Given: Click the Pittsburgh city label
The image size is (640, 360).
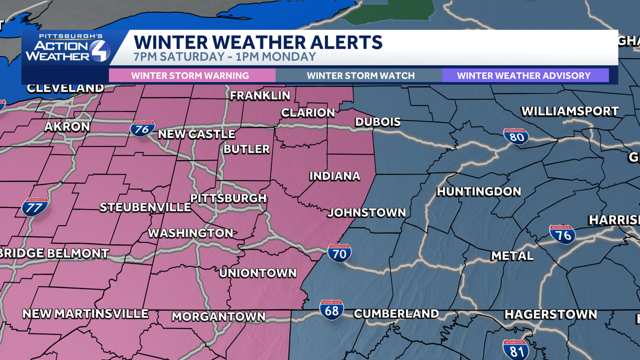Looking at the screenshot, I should click(228, 198).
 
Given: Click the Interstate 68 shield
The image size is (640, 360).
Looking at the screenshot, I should click(332, 309).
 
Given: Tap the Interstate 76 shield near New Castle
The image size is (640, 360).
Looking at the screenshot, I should click(143, 128).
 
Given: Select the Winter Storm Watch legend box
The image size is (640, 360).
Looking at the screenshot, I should click(360, 75).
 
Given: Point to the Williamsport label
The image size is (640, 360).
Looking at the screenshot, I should click(570, 111).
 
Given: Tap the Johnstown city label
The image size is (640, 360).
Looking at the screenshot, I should click(366, 213).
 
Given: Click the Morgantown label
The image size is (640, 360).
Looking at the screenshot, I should click(219, 317).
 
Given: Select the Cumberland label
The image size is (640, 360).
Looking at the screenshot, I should click(396, 314).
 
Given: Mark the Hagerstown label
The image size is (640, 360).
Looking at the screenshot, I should click(550, 314).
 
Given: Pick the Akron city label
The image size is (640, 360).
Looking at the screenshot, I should click(67, 127).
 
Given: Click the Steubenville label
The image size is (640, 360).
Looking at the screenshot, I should click(145, 207).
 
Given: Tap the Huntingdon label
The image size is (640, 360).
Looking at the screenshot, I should click(479, 191).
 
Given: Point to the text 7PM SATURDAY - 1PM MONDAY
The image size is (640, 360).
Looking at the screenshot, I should click(225, 57).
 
